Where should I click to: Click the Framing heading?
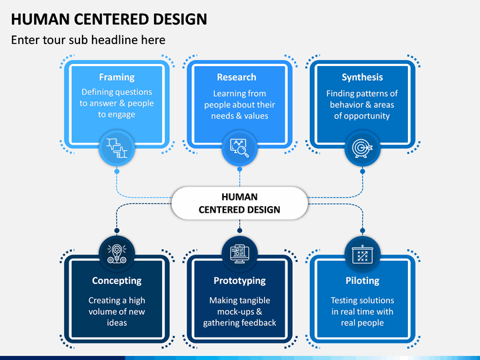(117, 77)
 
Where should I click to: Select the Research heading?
(237, 77)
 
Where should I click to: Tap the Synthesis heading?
(362, 77)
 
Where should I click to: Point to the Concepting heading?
(117, 281)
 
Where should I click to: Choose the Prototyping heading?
(240, 281)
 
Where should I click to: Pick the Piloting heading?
(363, 281)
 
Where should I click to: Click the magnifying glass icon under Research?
(239, 148)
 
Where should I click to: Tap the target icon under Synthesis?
(363, 149)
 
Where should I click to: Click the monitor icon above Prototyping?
(240, 254)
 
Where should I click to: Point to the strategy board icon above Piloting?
(363, 254)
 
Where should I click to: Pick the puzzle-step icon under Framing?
(117, 148)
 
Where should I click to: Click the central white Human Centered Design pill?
(240, 203)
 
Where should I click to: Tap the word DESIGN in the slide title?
(180, 19)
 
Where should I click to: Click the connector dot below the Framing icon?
(117, 171)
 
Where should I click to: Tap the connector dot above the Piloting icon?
(363, 231)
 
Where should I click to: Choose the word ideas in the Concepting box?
(117, 323)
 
